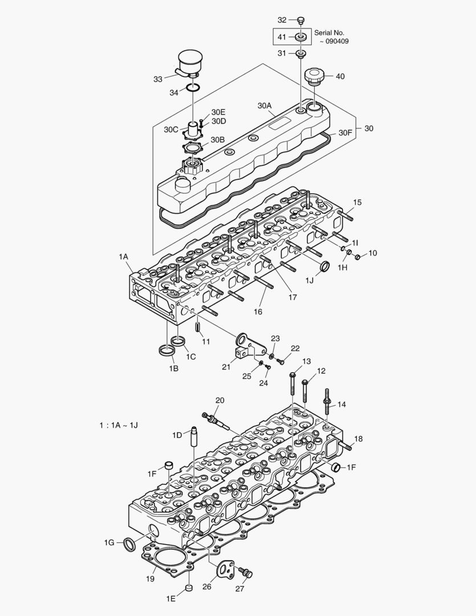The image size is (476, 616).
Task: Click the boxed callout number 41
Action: tap(282, 37)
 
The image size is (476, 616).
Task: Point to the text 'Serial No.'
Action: tap(329, 33)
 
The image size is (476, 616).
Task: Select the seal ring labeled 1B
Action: tap(166, 350)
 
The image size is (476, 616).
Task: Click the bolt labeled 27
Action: tap(246, 572)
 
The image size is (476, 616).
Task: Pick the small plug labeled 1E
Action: tap(189, 587)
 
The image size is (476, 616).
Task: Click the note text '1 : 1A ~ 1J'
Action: tap(118, 425)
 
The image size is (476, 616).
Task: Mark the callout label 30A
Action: tap(265, 106)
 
